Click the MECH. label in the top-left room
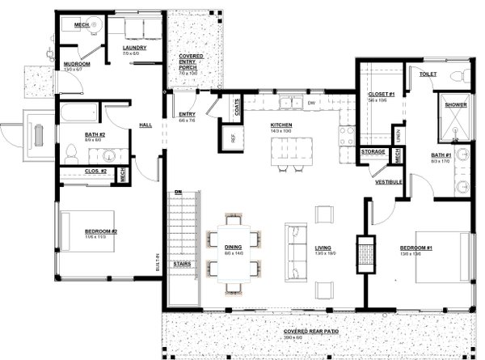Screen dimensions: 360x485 tap(82, 25)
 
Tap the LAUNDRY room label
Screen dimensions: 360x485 tap(134, 48)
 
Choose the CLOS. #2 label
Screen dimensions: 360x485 tap(95, 172)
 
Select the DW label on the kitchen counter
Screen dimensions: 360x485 tap(310, 103)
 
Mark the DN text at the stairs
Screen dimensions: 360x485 tap(178, 191)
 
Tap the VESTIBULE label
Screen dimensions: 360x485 tap(389, 183)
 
